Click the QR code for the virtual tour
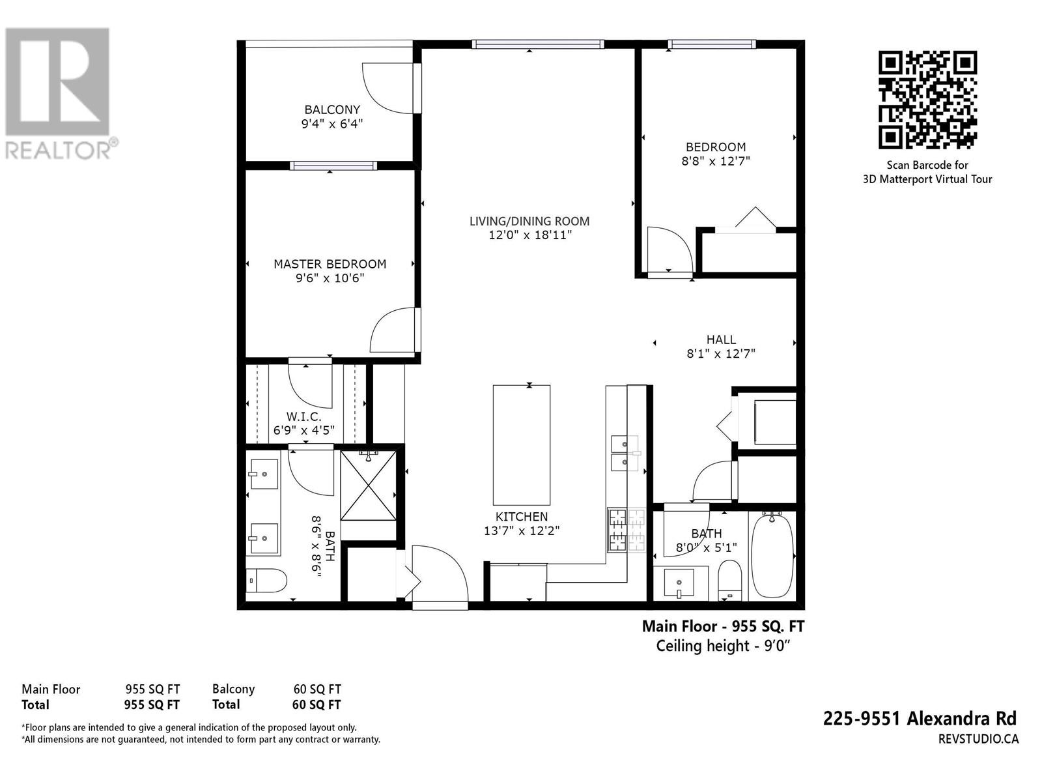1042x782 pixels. click(x=927, y=100)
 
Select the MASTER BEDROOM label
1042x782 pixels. click(x=330, y=264)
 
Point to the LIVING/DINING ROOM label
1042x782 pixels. click(x=529, y=221)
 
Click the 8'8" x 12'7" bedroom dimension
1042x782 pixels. click(x=716, y=161)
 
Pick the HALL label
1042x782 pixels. click(x=721, y=340)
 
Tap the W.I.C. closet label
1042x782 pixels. click(x=303, y=416)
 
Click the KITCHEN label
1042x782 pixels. click(x=521, y=517)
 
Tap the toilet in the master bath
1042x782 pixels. click(x=268, y=579)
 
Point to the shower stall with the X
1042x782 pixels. click(x=368, y=485)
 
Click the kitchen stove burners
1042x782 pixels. click(x=626, y=530)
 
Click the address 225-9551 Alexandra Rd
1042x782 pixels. click(x=920, y=718)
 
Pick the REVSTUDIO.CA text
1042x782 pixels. click(x=978, y=738)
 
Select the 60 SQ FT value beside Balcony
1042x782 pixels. click(x=317, y=689)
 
